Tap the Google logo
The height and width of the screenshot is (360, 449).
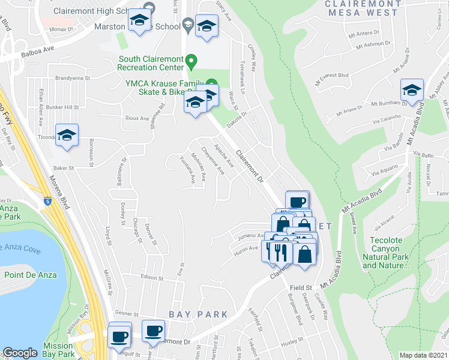click(20, 353)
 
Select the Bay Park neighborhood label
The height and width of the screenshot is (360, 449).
click(198, 314)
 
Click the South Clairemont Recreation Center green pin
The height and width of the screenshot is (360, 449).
click(191, 59)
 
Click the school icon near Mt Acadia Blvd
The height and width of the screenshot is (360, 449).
click(412, 90)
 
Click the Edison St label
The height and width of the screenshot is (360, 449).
click(152, 278)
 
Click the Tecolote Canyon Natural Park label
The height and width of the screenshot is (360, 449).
click(386, 253)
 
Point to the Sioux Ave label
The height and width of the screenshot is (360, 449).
click(136, 118)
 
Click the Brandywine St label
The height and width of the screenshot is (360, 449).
click(72, 78)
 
